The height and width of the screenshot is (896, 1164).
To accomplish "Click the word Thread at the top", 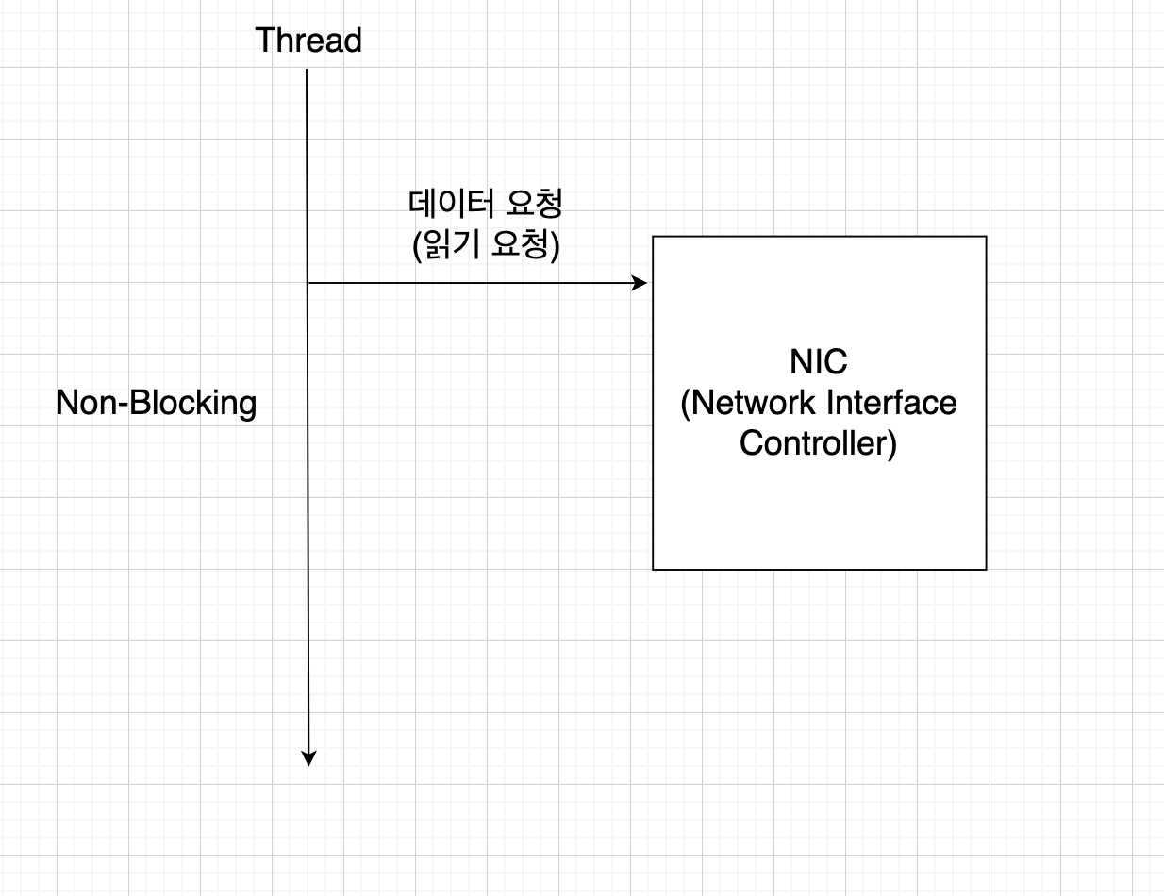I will [x=308, y=41].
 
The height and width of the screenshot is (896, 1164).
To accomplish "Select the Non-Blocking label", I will [x=156, y=403].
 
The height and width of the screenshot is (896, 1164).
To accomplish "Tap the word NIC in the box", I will [x=819, y=362].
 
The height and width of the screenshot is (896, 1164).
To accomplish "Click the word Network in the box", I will [x=755, y=403].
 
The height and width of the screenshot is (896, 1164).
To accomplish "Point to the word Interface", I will [x=891, y=403].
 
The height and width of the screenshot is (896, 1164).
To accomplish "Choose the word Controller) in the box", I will [x=818, y=442].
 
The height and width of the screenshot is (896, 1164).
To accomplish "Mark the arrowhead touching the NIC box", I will [x=640, y=283].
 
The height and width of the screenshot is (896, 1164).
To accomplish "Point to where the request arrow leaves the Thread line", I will [x=308, y=283].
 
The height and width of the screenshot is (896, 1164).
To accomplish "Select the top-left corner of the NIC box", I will [x=654, y=237].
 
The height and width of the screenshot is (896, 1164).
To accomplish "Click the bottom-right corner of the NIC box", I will [x=986, y=569].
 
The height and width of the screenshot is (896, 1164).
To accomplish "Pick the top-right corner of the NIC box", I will [x=986, y=237].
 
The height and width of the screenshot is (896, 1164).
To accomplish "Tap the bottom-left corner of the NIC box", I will [x=654, y=569].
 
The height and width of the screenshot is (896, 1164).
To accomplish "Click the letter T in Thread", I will [x=264, y=41].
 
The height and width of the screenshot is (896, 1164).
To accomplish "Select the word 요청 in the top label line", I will [x=535, y=205].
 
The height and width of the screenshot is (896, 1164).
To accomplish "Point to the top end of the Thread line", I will [x=308, y=71].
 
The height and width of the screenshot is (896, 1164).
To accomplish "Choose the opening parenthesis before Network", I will [x=686, y=404].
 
